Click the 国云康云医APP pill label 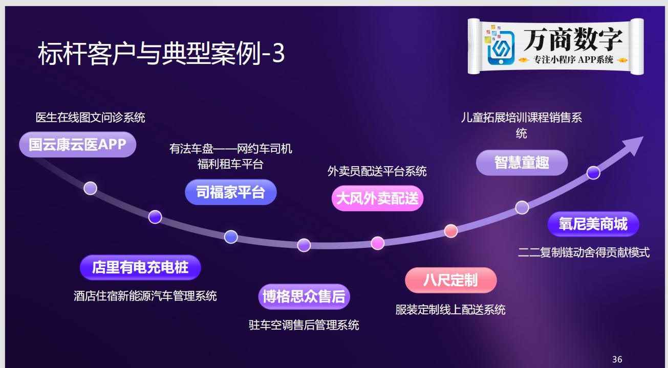click(x=77, y=145)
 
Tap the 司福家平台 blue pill click(x=230, y=192)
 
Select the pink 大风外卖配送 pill click(x=377, y=198)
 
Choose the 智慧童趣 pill click(x=522, y=163)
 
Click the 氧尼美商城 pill click(x=593, y=224)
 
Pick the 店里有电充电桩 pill click(x=140, y=267)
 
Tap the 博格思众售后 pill click(x=304, y=296)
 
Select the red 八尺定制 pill click(x=450, y=280)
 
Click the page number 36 click(x=617, y=359)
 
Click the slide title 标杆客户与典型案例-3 click(x=161, y=53)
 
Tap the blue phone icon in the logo click(x=501, y=47)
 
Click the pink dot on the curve click(x=378, y=243)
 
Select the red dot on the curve click(x=450, y=231)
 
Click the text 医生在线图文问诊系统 click(x=91, y=118)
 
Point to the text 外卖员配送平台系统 click(x=377, y=171)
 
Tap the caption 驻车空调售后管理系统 click(x=304, y=325)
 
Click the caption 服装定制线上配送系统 click(x=450, y=310)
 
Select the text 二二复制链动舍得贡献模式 click(x=584, y=252)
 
